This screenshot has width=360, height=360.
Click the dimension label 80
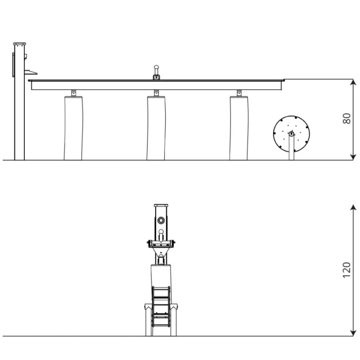click(347, 119)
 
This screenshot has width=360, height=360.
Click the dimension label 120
click(347, 270)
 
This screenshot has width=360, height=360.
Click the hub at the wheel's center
click(291, 133)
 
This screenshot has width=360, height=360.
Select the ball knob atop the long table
click(156, 67)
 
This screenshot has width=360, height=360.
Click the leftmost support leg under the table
click(73, 128)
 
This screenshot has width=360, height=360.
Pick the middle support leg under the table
click(156, 128)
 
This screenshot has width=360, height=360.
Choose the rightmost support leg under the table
click(239, 128)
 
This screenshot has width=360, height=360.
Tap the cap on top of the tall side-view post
click(20, 44)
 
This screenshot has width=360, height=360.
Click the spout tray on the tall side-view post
click(30, 73)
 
